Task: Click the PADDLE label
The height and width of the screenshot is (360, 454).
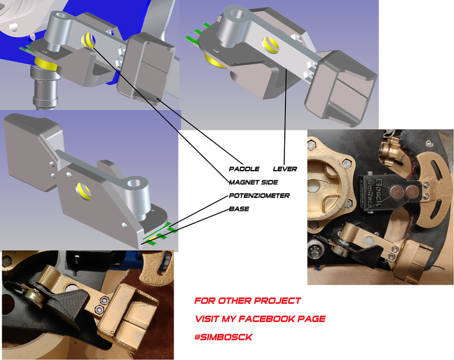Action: point(244,169)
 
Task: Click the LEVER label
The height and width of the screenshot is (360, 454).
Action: point(285,169)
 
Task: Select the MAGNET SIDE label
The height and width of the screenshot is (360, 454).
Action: point(253,182)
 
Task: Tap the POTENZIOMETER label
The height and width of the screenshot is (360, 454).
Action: point(259,196)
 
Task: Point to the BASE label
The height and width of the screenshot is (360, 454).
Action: point(239,209)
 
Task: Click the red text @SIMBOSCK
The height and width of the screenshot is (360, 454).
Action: point(224,337)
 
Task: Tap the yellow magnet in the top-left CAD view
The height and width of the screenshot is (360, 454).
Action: point(89,40)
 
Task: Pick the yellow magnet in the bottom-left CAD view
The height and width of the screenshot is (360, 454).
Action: point(83,191)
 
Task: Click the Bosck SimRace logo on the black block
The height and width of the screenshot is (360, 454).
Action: point(374,193)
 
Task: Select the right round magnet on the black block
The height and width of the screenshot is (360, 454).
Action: point(411,192)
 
